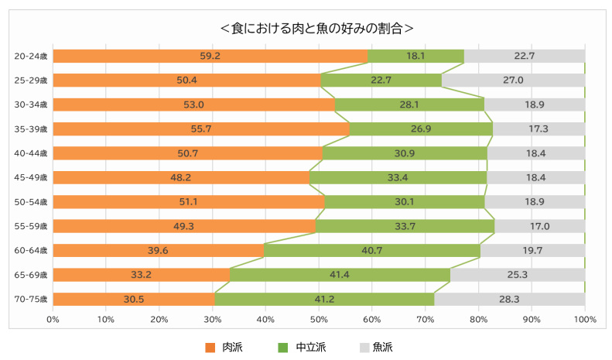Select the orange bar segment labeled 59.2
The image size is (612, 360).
pos(210,56)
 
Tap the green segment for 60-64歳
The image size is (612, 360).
pos(372,250)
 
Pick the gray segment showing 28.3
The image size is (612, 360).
pos(510,299)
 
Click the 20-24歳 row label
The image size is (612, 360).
pos(31,56)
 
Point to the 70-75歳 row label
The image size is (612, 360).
pos(31,299)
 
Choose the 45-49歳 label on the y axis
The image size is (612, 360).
pos(31,177)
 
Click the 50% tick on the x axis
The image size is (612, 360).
pos(319,319)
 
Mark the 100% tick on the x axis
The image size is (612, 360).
pos(585,319)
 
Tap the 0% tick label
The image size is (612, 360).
pos(53,319)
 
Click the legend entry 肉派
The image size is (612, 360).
pos(224,347)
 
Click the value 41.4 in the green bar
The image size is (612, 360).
pos(340,275)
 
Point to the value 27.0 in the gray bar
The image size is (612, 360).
pos(513,80)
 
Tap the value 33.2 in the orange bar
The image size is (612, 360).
pos(142,275)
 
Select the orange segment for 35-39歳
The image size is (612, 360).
pos(201,129)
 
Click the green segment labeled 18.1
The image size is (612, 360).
pos(416,56)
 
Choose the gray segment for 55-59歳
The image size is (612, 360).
pos(540,226)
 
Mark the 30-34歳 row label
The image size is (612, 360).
pos(31,105)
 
